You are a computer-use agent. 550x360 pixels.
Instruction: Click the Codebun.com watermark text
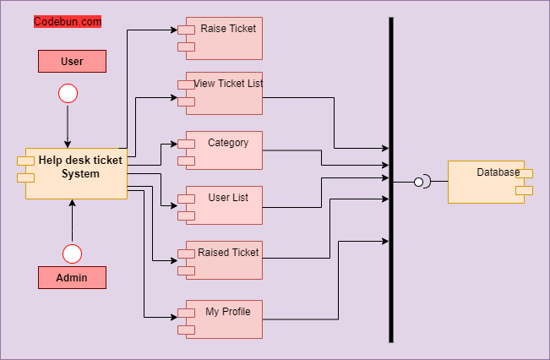tap(68, 22)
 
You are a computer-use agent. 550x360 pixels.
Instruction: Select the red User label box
tap(72, 61)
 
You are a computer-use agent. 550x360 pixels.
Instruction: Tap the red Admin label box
tap(72, 277)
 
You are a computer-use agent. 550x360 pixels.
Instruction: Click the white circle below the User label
tap(68, 93)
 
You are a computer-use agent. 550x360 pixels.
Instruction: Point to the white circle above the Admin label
tap(73, 254)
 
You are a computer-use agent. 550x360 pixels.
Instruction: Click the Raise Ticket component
tap(224, 38)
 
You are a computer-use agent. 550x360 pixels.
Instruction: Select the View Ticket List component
tap(224, 93)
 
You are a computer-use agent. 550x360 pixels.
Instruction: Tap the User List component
tap(224, 205)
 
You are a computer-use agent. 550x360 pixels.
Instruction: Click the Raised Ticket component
tap(224, 260)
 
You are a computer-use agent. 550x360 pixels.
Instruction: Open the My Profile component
tap(224, 319)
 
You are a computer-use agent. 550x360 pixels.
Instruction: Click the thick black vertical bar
tap(391, 254)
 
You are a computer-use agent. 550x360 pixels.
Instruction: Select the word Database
tap(498, 172)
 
